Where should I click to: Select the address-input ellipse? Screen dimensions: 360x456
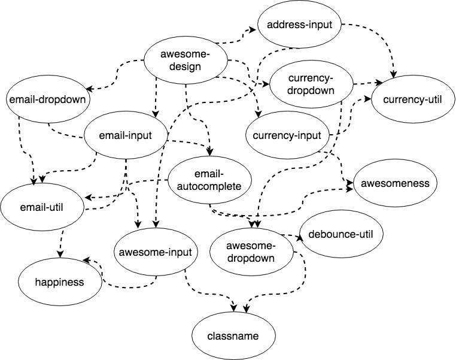click(300, 25)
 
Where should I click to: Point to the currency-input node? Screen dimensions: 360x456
click(287, 135)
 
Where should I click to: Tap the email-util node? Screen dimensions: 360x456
click(41, 208)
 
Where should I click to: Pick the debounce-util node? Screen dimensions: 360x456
click(341, 234)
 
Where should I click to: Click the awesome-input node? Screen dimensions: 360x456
click(155, 252)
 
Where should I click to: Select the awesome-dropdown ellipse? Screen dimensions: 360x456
click(251, 252)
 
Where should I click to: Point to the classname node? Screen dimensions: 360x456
click(234, 336)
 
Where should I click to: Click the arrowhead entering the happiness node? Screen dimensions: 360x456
click(86, 260)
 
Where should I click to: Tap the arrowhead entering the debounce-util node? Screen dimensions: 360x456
click(300, 237)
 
